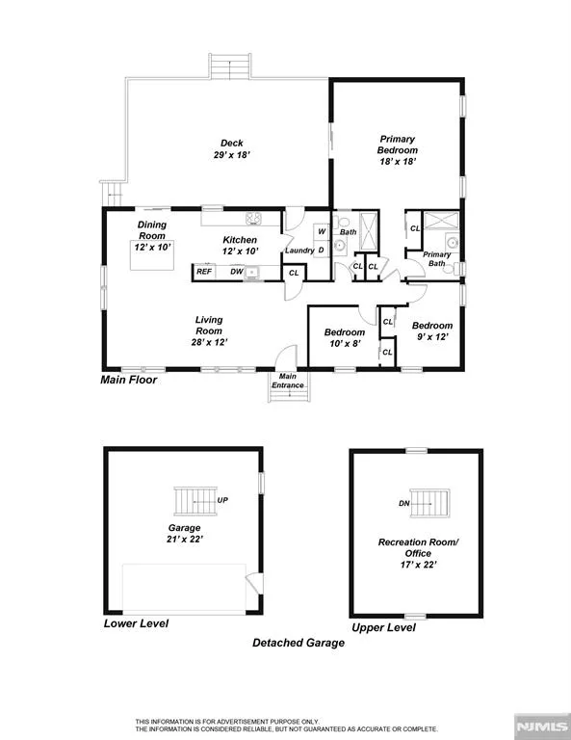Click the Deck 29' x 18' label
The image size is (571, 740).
point(231,148)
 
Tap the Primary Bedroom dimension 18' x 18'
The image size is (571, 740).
point(398,162)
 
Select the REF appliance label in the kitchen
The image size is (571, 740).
point(204,272)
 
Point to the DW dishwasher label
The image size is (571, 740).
point(237,272)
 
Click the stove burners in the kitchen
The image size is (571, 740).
point(253,218)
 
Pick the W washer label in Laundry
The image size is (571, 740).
point(322,231)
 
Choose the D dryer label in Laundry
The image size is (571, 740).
point(322,251)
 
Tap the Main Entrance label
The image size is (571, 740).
point(288,381)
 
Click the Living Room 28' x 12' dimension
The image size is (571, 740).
point(209,343)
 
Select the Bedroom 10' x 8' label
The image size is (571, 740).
point(345,338)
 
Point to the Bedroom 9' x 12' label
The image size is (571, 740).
point(432,330)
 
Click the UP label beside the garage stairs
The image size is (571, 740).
point(222,500)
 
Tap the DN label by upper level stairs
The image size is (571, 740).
point(404,504)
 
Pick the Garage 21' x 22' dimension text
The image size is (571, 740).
point(184,539)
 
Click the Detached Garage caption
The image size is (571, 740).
point(298,643)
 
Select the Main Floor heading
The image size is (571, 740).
point(129,380)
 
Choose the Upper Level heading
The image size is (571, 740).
point(384,627)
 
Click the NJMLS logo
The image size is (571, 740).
point(542,726)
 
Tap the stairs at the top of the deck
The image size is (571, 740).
point(230,66)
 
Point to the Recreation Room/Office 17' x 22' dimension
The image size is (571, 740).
point(418,565)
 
